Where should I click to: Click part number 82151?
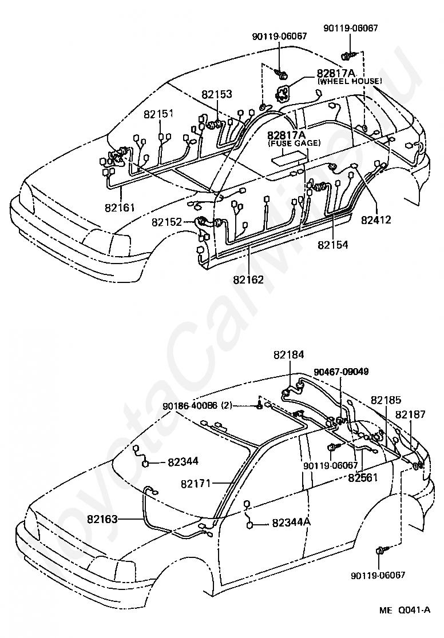tap(158, 114)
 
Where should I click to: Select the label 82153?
tap(217, 94)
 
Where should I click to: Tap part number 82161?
tap(120, 208)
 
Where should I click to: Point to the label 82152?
tap(167, 222)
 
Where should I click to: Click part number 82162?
tap(248, 280)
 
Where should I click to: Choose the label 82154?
tap(333, 245)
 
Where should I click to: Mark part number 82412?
tap(376, 220)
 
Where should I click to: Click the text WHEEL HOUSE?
tap(349, 81)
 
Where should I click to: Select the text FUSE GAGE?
tap(294, 143)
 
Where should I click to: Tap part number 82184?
tap(289, 355)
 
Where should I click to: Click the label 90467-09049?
tap(341, 372)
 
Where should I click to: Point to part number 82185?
tap(386, 400)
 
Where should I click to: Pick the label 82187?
tap(410, 414)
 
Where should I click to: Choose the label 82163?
tap(102, 519)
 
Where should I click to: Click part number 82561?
tap(363, 477)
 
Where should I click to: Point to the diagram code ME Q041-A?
tap(405, 621)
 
